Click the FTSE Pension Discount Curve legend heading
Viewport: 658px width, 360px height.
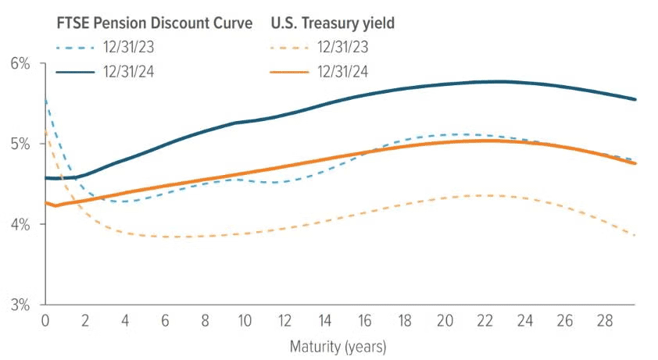(155, 23)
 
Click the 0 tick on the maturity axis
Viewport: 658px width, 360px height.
(45, 321)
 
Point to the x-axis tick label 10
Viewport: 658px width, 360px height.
(245, 321)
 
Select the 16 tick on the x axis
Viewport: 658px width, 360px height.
(365, 321)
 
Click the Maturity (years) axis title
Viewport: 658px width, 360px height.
(338, 344)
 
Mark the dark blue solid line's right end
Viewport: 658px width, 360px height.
(635, 99)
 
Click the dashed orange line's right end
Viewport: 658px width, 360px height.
(635, 235)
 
